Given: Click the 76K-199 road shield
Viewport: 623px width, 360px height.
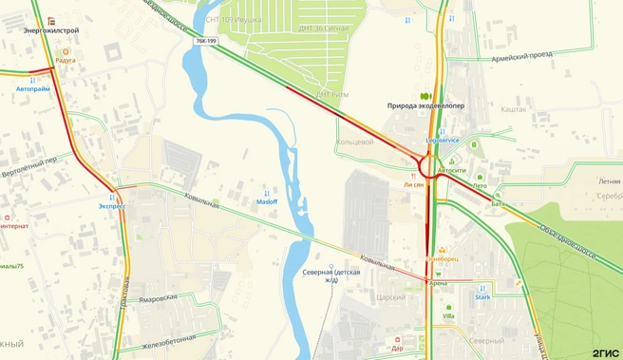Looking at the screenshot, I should coord(205,42).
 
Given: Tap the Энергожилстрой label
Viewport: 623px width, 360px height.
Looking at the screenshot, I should coord(51,30).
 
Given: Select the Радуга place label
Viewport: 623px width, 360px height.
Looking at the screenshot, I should coord(65,60).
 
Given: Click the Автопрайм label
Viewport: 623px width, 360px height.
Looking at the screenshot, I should coord(33,88).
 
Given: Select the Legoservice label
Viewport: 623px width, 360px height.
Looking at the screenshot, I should coord(442,140).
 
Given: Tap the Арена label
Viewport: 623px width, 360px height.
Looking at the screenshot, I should coord(438,282).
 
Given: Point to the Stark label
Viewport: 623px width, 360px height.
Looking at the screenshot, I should coord(481,297).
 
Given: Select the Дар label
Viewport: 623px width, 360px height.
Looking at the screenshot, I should coord(397,347).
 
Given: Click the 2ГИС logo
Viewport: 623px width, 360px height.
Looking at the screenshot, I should coord(605,351).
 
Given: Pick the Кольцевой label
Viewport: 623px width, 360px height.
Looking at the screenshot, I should coord(355,142).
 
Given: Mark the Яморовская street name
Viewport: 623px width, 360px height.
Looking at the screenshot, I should coord(157,297).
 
